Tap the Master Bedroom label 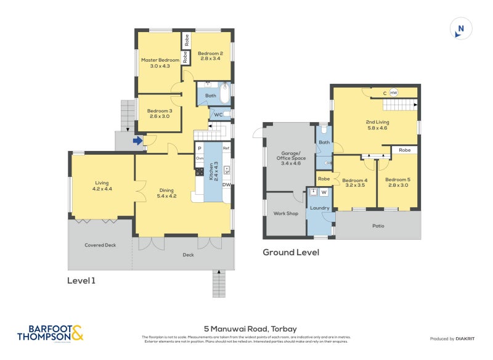click(x=160, y=63)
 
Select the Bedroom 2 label click(x=210, y=56)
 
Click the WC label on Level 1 click(x=218, y=114)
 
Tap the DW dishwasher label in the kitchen click(x=226, y=184)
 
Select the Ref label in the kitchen click(x=226, y=149)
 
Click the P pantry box click(x=200, y=149)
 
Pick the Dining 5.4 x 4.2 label click(x=166, y=194)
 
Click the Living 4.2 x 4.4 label click(x=102, y=185)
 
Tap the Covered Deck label click(x=100, y=245)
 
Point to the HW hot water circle click(x=393, y=92)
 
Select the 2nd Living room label click(x=377, y=125)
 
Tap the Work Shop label click(x=285, y=213)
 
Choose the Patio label click(x=378, y=226)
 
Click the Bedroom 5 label click(x=397, y=182)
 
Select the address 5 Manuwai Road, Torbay click(x=246, y=329)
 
